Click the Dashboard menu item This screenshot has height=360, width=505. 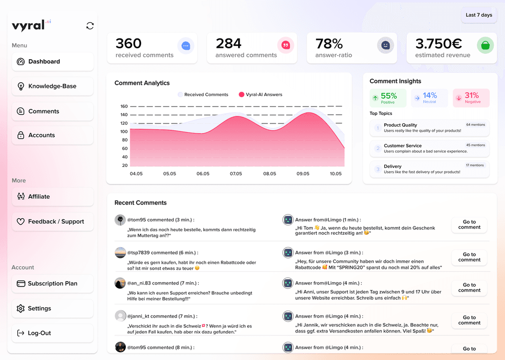[53, 62]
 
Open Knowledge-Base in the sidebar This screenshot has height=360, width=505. [53, 86]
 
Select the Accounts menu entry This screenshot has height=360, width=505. [53, 135]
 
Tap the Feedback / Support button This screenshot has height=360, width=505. [53, 221]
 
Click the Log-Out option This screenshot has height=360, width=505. [53, 333]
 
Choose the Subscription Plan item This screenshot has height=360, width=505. [53, 284]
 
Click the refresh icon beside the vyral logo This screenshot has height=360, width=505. [90, 26]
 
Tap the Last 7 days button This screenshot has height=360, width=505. [479, 15]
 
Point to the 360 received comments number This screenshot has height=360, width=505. [129, 43]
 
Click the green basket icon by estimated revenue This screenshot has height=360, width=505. [485, 45]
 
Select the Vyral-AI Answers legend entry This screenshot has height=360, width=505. [260, 95]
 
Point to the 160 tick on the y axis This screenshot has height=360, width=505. [124, 106]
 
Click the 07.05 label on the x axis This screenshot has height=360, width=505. [236, 174]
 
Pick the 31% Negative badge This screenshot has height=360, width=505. [471, 98]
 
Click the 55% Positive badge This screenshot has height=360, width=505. [388, 98]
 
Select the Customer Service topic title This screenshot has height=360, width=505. [402, 145]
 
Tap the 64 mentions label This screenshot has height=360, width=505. [475, 125]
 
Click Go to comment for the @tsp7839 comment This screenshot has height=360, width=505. [469, 257]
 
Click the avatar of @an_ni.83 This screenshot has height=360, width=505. [120, 283]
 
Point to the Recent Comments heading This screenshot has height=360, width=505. [141, 203]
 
